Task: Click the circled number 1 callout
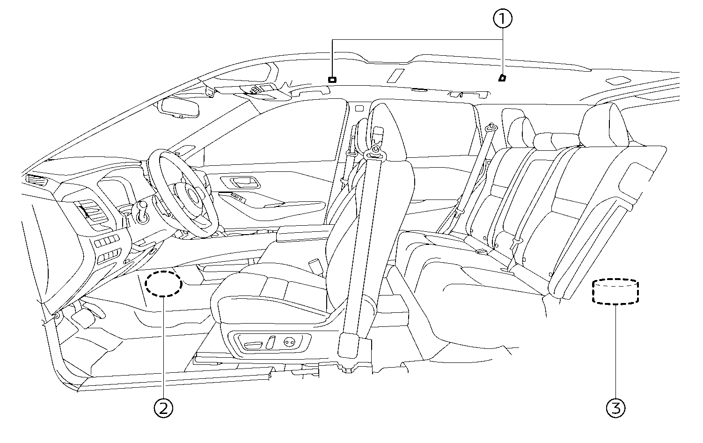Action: point(503,19)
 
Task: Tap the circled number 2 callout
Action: point(163,408)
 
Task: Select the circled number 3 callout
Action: point(615,408)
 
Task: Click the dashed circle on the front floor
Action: point(163,283)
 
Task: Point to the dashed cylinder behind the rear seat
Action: point(615,292)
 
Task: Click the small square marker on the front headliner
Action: point(332,79)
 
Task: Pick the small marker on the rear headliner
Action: point(502,78)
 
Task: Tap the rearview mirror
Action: point(180,107)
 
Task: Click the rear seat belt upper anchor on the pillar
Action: point(491,126)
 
